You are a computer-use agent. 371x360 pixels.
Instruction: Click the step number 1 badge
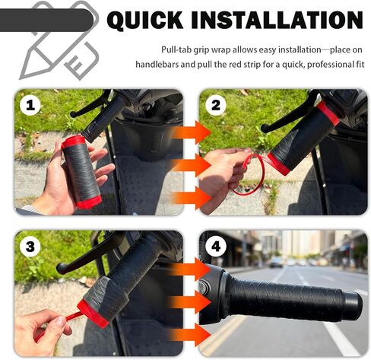pyautogui.click(x=30, y=105)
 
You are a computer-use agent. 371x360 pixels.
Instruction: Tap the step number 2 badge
pyautogui.click(x=216, y=105)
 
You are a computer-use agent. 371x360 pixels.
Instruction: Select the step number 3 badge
pyautogui.click(x=30, y=246)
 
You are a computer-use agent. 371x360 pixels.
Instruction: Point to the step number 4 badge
pyautogui.click(x=216, y=246)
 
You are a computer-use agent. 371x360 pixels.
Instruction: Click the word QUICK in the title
pyautogui.click(x=145, y=20)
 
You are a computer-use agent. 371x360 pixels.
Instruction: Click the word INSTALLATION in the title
pyautogui.click(x=277, y=20)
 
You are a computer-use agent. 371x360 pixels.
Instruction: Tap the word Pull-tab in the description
pyautogui.click(x=176, y=49)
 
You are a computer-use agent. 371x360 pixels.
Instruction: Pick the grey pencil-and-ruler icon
pyautogui.click(x=59, y=40)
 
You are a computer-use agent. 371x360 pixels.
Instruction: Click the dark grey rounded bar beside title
pyautogui.click(x=46, y=20)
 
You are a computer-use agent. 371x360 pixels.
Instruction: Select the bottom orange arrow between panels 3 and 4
pyautogui.click(x=189, y=335)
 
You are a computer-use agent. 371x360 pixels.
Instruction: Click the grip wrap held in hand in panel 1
pyautogui.click(x=81, y=172)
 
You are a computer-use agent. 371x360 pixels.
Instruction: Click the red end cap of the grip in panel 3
pyautogui.click(x=94, y=313)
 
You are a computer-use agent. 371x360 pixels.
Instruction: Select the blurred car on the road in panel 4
pyautogui.click(x=276, y=262)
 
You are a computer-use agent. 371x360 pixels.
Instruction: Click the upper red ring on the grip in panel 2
pyautogui.click(x=328, y=113)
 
